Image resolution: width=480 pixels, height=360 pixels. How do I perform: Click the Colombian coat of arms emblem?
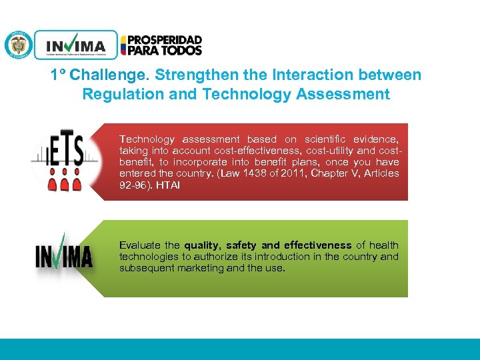click(x=18, y=45)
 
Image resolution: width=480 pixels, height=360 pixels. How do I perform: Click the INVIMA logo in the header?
click(x=75, y=45)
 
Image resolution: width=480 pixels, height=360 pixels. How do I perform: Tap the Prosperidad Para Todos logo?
click(x=161, y=45)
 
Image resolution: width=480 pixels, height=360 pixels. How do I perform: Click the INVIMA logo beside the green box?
click(x=64, y=254)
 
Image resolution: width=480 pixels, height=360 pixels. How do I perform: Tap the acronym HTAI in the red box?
click(x=167, y=185)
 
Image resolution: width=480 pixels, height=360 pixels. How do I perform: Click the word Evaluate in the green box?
click(x=139, y=245)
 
